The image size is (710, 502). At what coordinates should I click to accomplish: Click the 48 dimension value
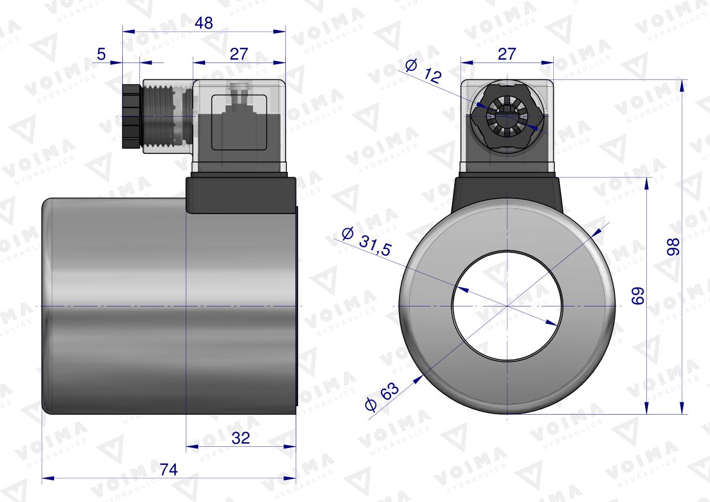pos(203,23)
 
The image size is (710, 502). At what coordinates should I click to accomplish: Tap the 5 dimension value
pos(101,54)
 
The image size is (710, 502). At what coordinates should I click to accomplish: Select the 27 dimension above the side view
pos(239,54)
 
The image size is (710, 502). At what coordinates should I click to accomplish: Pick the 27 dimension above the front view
pos(507,54)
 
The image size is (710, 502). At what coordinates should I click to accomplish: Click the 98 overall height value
pos(673,246)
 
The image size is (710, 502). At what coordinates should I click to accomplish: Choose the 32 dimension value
pos(241,438)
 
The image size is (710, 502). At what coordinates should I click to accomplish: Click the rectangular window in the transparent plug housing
pos(239,123)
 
